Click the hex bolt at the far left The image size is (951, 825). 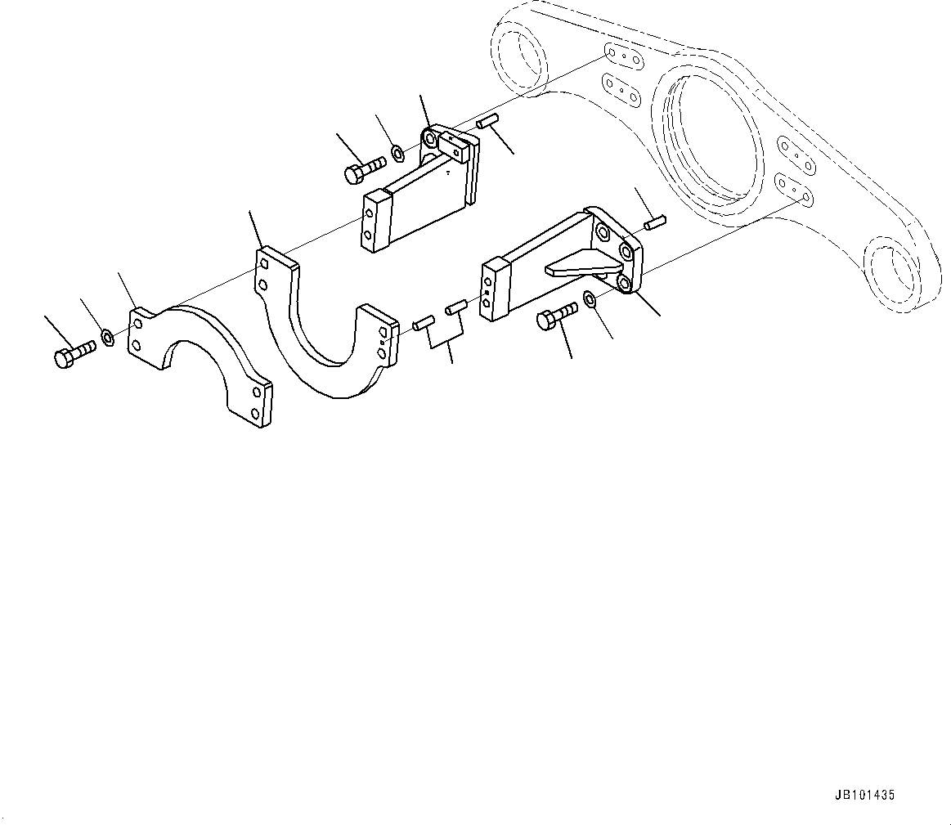[73, 355]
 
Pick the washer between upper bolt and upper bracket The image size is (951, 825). [396, 153]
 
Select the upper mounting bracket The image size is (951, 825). [425, 192]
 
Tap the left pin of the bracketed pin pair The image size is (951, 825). [424, 324]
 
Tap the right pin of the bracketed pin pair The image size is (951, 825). [455, 307]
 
